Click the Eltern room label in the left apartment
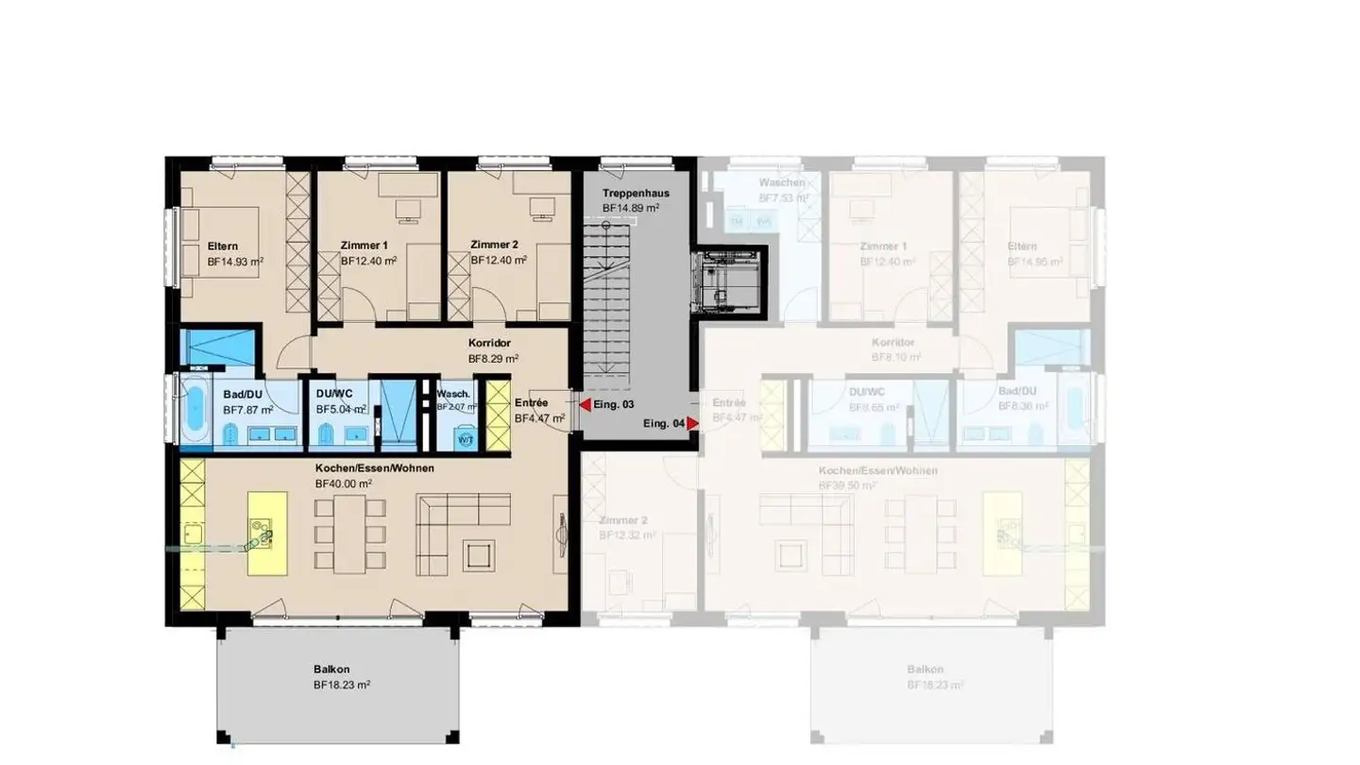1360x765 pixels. tap(222, 246)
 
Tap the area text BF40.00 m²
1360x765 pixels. tap(344, 483)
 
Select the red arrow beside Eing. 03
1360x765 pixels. tap(586, 404)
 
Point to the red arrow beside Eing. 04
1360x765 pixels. tap(692, 424)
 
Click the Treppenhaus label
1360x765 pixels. tap(635, 194)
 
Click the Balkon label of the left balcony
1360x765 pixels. tap(331, 670)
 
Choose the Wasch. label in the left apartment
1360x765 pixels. tap(453, 394)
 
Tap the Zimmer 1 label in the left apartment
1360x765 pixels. tap(365, 246)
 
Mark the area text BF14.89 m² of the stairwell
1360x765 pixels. tap(631, 208)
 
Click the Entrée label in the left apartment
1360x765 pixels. tap(531, 402)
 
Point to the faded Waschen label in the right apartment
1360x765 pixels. tap(782, 182)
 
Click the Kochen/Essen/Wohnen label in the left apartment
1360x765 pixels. tap(375, 468)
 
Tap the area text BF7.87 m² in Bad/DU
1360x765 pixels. tap(248, 410)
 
